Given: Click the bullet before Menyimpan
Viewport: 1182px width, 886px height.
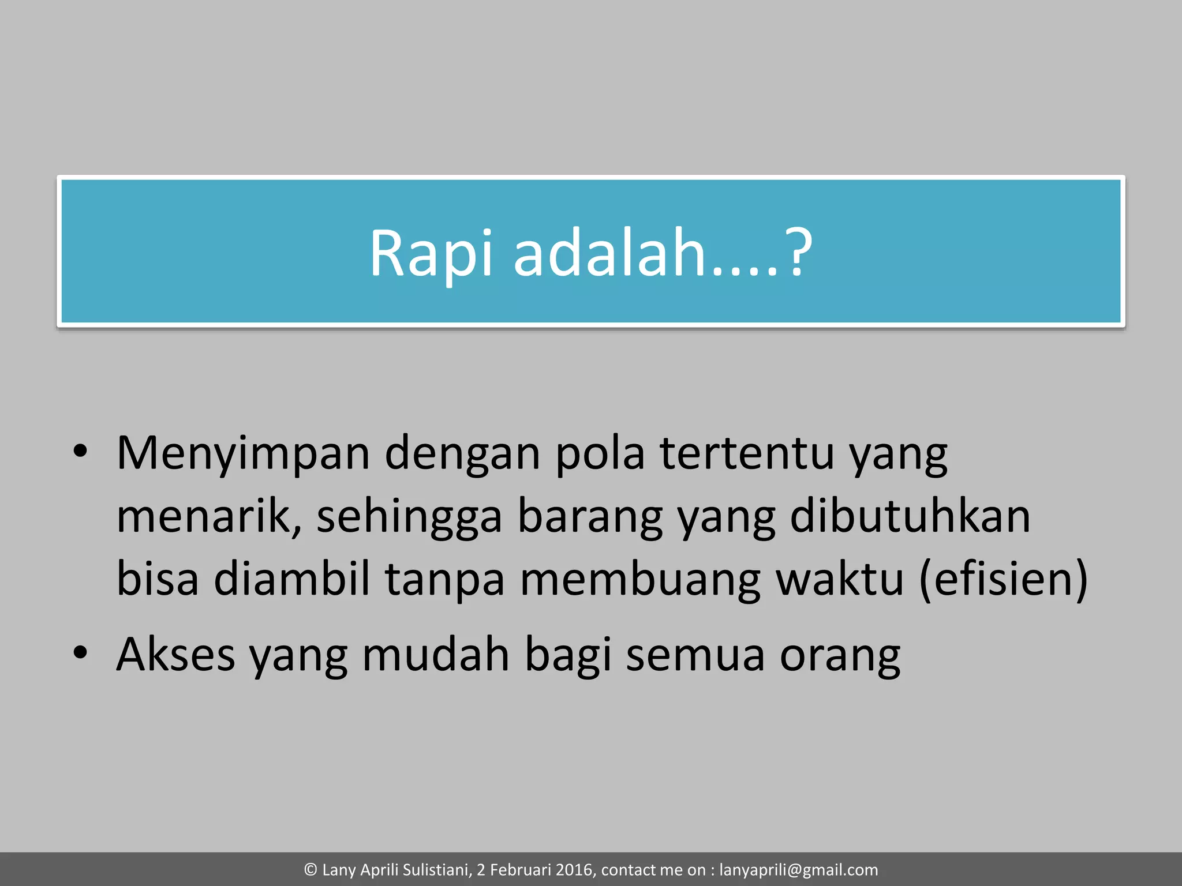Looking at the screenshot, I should click(x=80, y=450).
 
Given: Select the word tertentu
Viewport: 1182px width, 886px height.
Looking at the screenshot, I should click(x=747, y=453).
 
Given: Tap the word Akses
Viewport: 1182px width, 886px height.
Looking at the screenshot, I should click(x=175, y=655).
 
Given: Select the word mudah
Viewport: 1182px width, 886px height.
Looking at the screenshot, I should click(x=436, y=655).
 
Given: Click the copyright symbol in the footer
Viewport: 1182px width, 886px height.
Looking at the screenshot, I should click(x=311, y=870).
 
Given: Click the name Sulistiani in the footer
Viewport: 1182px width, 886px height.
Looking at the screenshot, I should click(x=435, y=870).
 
